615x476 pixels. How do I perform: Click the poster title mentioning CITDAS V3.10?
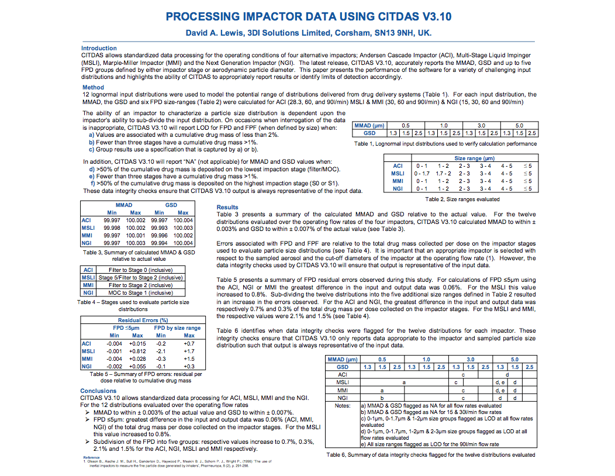[308, 16]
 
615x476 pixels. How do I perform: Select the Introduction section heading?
[99, 49]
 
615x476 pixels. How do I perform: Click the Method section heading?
[93, 88]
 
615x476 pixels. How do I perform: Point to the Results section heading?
[227, 207]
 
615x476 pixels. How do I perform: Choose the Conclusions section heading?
[98, 391]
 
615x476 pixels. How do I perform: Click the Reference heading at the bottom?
[91, 457]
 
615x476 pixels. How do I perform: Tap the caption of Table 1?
[445, 143]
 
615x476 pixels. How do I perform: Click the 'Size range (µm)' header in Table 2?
[474, 158]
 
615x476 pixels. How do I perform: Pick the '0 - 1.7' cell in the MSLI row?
[421, 173]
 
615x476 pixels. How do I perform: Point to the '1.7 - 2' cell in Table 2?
[443, 173]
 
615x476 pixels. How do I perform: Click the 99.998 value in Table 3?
[112, 227]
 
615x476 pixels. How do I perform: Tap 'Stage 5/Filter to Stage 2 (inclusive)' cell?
[140, 277]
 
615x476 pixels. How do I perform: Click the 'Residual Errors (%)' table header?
[143, 320]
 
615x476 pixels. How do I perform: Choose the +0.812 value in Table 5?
[137, 351]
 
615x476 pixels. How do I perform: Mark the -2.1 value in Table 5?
[163, 351]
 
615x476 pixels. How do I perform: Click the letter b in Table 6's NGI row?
[382, 397]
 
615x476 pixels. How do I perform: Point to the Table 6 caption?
[430, 454]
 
